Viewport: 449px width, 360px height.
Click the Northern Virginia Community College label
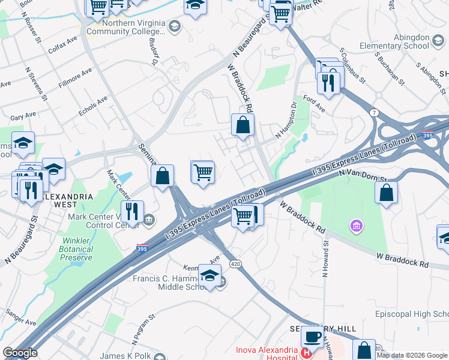(127, 26)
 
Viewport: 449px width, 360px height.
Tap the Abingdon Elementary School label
(394, 41)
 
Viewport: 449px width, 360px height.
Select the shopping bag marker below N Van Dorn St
(387, 193)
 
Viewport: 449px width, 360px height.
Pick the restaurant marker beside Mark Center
(132, 211)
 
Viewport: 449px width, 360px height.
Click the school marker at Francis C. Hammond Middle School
(209, 276)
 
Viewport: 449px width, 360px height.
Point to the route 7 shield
(373, 112)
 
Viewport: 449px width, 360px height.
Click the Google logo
(20, 353)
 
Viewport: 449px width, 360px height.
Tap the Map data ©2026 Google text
(412, 355)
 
